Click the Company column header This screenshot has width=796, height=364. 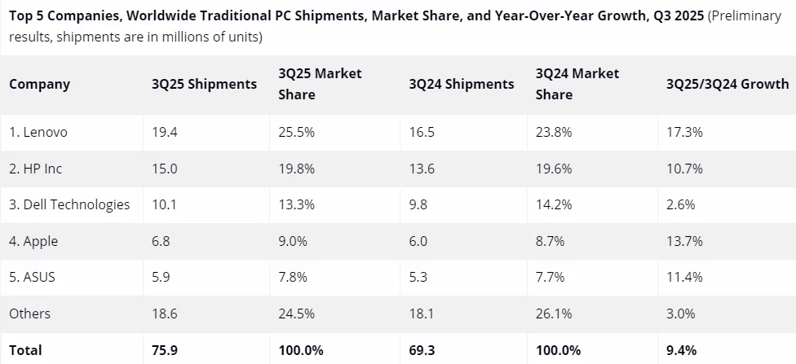pyautogui.click(x=40, y=84)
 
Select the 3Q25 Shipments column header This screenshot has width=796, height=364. pyautogui.click(x=204, y=84)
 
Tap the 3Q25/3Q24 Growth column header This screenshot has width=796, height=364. pyautogui.click(x=727, y=84)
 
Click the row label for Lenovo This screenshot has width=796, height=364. pyautogui.click(x=38, y=132)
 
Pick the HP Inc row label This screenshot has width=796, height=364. pyautogui.click(x=36, y=169)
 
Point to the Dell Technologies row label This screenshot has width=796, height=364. pyautogui.click(x=69, y=204)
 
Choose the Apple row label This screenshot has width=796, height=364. pyautogui.click(x=33, y=241)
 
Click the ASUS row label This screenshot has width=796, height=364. pyautogui.click(x=33, y=277)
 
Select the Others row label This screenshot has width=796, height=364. pyautogui.click(x=30, y=314)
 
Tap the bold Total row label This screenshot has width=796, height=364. pyautogui.click(x=25, y=350)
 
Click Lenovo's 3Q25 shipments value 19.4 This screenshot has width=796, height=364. pyautogui.click(x=164, y=132)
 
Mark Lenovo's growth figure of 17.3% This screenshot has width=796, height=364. pyautogui.click(x=684, y=132)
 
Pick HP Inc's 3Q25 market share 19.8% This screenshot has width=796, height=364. pyautogui.click(x=296, y=169)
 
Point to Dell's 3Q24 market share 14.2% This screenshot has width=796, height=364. pyautogui.click(x=554, y=204)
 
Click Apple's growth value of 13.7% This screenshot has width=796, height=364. pyautogui.click(x=684, y=241)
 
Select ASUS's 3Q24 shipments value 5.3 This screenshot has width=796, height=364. pyautogui.click(x=418, y=277)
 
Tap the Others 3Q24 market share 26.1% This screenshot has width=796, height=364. pyautogui.click(x=554, y=314)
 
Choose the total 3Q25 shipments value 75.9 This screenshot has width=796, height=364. pyautogui.click(x=165, y=350)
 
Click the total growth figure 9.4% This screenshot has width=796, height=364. pyautogui.click(x=681, y=350)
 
